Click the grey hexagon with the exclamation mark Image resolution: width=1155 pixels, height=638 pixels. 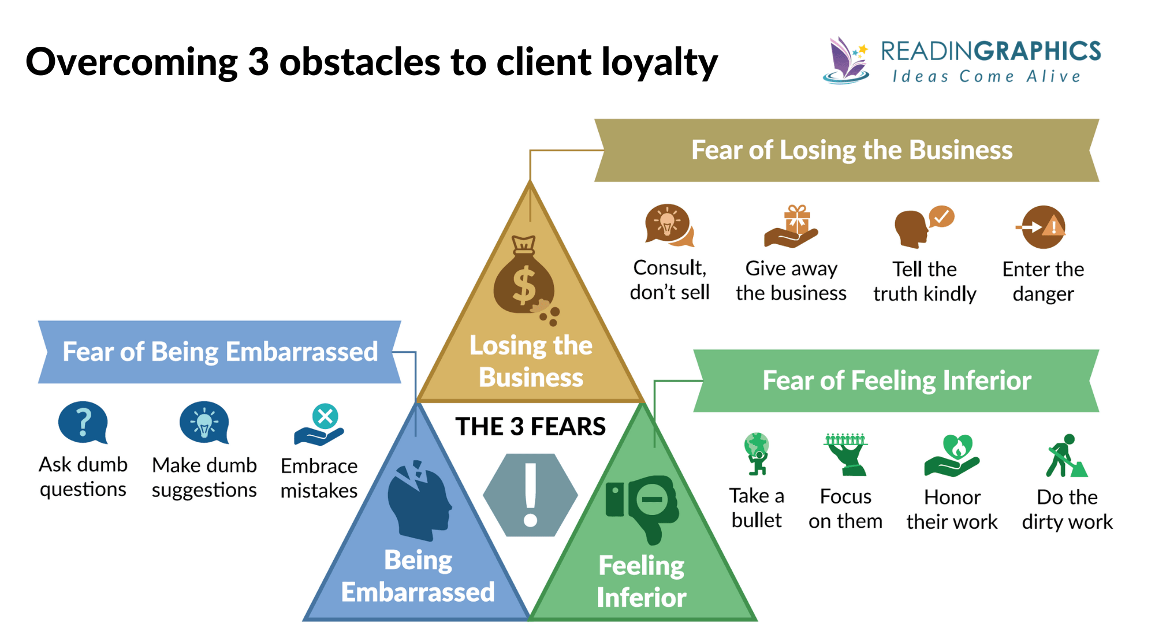530,495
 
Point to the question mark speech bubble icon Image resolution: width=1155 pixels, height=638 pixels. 83,423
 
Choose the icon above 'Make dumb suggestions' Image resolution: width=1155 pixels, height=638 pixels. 204,423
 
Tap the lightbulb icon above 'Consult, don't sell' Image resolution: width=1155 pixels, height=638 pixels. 669,225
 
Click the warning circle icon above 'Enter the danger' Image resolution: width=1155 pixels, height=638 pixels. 1042,227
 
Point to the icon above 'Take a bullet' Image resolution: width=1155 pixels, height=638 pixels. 757,454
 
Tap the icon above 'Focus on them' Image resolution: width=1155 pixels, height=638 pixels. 845,454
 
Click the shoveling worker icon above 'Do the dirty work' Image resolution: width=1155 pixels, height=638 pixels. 1066,456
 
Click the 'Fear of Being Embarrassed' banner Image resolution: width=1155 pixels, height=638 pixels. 219,352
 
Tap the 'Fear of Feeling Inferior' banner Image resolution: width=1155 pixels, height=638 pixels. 896,380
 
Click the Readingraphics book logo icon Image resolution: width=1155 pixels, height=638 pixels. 847,60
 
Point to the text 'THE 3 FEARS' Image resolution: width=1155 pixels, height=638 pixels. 530,427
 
